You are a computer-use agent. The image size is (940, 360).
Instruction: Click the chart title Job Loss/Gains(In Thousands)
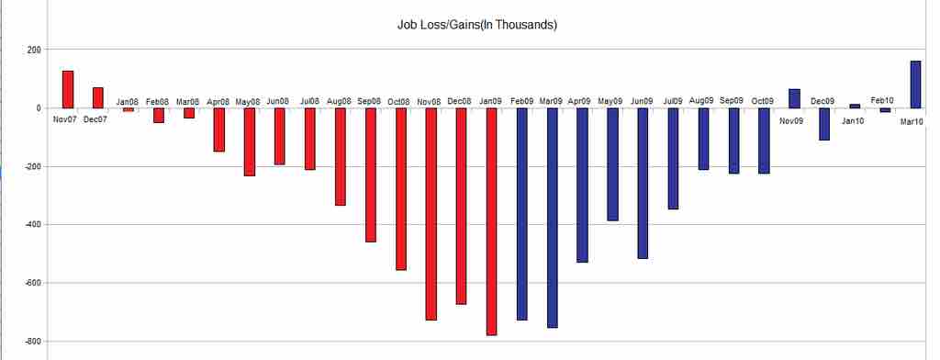[x=471, y=25]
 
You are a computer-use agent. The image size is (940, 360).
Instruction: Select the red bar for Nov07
[x=67, y=89]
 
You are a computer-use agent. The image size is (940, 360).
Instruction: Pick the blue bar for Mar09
[x=553, y=217]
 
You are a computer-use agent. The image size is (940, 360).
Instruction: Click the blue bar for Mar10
[x=915, y=84]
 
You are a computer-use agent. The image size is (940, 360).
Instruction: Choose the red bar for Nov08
[x=431, y=213]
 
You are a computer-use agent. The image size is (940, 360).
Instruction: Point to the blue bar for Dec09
[x=824, y=124]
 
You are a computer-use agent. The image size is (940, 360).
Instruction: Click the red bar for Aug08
[x=340, y=156]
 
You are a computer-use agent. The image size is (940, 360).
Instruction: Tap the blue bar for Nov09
[x=794, y=98]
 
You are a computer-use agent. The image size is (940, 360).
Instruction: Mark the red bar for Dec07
[x=97, y=97]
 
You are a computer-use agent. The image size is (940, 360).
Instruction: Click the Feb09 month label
[x=522, y=101]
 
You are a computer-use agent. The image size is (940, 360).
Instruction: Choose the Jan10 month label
[x=854, y=120]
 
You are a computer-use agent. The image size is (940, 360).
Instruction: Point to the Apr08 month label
[x=218, y=101]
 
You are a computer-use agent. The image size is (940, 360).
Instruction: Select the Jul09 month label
[x=673, y=101]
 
